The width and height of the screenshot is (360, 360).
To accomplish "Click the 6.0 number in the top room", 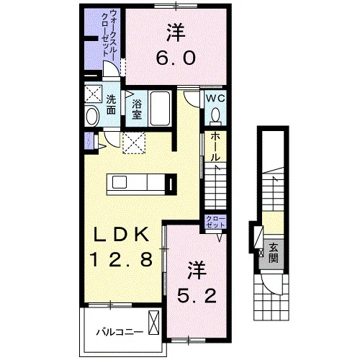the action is click(176, 58).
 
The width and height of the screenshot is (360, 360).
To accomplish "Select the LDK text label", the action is click(121, 234).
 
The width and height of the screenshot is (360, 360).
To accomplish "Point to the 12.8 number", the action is click(121, 259).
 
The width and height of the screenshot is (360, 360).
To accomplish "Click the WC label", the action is click(215, 99).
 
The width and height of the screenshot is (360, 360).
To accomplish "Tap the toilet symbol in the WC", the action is click(215, 116).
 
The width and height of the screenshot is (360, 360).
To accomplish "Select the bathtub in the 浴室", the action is click(160, 108).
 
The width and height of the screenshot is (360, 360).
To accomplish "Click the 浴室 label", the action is click(137, 109).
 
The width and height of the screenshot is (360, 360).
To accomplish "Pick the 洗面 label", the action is click(111, 104).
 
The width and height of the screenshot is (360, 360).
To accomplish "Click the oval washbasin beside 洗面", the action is click(92, 117).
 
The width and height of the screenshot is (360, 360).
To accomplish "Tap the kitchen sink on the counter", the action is click(120, 182).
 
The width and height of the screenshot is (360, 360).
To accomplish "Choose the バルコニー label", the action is click(120, 332).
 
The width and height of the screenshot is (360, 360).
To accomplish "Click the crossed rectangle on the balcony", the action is click(154, 323).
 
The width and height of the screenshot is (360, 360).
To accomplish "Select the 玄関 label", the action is click(274, 253).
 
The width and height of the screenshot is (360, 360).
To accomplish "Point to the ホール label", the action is click(215, 147).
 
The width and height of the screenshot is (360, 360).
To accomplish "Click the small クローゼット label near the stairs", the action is click(216, 222).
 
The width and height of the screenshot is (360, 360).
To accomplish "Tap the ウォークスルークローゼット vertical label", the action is click(109, 33).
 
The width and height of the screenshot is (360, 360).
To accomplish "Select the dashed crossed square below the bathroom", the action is click(134, 143).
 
